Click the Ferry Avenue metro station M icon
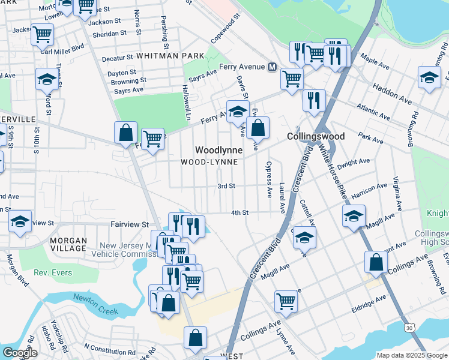(x=272, y=66)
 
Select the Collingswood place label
(x=315, y=136)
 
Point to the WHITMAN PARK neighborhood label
(x=170, y=55)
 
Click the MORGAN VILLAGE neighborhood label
(x=68, y=244)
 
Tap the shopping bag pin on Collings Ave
(x=376, y=262)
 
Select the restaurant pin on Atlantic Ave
(x=314, y=100)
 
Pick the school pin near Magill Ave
(x=354, y=215)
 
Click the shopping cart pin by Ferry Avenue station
(x=292, y=77)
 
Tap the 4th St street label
(x=240, y=212)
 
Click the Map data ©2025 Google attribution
(x=412, y=355)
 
